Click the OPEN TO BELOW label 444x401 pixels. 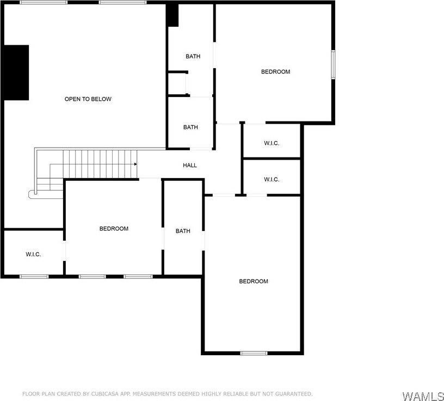click(x=88, y=99)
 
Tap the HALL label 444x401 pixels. click(x=190, y=165)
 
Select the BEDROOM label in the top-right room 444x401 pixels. click(x=275, y=72)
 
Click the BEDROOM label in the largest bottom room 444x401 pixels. click(x=254, y=282)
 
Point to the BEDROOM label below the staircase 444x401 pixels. click(x=114, y=229)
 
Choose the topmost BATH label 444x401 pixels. click(x=193, y=57)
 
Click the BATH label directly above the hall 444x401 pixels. click(x=190, y=127)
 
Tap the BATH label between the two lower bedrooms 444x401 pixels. click(x=183, y=231)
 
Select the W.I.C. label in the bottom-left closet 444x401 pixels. click(x=33, y=254)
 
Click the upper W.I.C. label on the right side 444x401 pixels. click(x=272, y=143)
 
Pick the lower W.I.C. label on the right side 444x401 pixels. click(x=272, y=180)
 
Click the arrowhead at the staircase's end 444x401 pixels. click(x=134, y=163)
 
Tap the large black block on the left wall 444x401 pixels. click(x=16, y=72)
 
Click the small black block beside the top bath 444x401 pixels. click(x=172, y=15)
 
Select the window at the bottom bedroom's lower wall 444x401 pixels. click(x=254, y=353)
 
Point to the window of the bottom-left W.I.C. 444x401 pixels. click(x=34, y=276)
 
